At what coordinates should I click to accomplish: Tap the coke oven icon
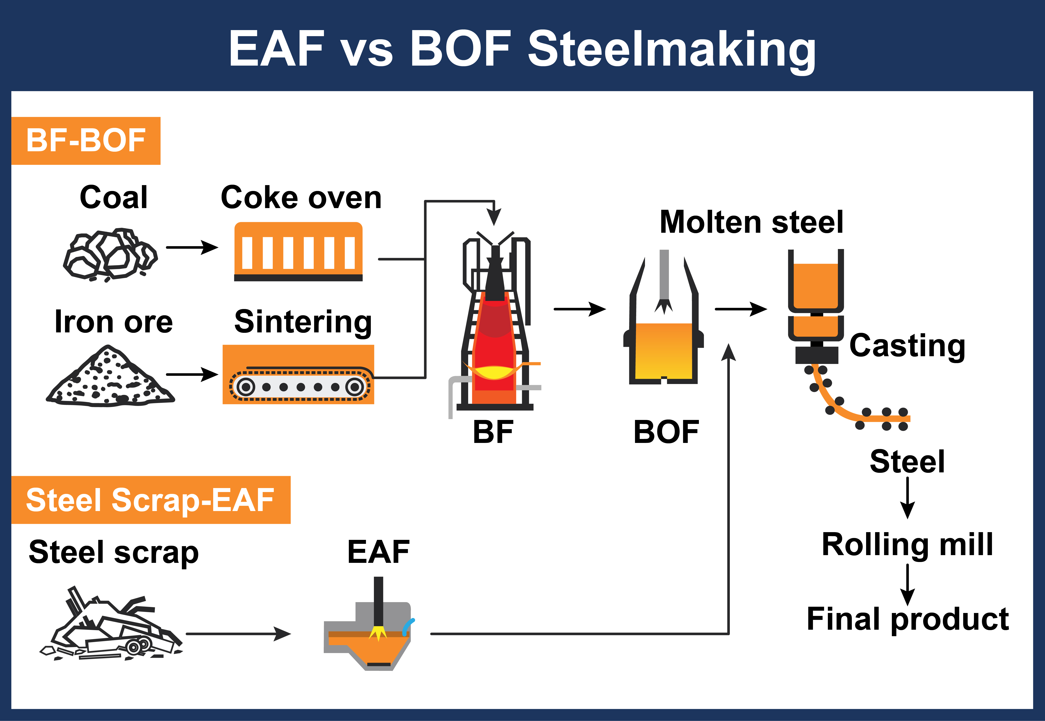(298, 252)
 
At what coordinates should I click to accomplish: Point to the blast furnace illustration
(496, 325)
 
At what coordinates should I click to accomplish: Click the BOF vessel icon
(663, 334)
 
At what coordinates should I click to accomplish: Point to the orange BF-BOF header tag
(86, 140)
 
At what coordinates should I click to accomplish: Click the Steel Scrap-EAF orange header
(150, 500)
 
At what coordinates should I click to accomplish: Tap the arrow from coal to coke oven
(192, 248)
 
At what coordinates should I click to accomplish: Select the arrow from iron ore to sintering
(192, 375)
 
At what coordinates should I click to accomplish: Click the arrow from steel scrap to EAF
(238, 634)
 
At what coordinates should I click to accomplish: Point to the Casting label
(907, 346)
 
